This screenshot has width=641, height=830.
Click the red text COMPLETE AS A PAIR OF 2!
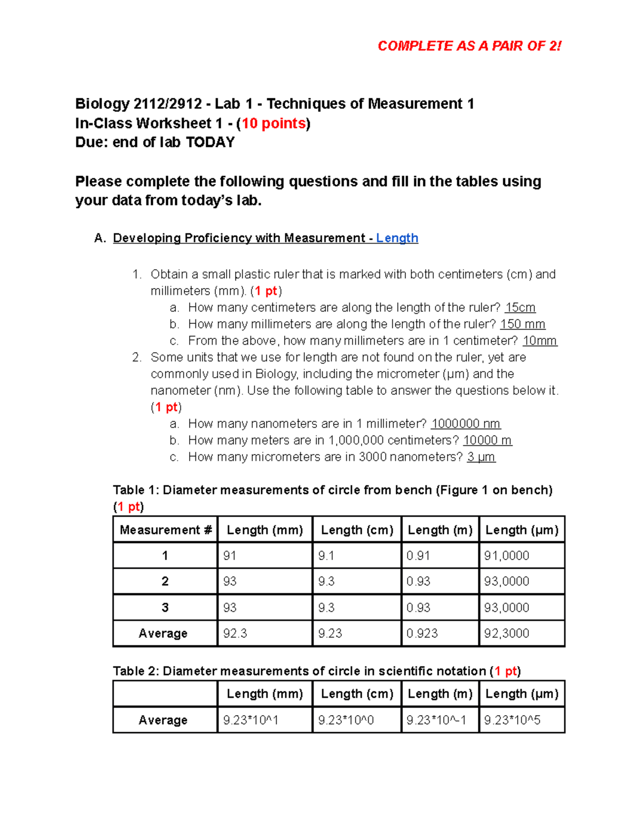pyautogui.click(x=469, y=46)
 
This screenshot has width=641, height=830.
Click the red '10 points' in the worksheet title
pyautogui.click(x=273, y=123)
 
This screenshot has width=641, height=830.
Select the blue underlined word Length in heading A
pyautogui.click(x=397, y=238)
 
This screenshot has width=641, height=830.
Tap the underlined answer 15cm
pyautogui.click(x=520, y=308)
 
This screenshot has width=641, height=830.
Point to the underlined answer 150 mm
pyautogui.click(x=522, y=324)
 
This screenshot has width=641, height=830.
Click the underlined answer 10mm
pyautogui.click(x=540, y=341)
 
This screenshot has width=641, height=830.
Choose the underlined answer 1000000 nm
pyautogui.click(x=465, y=424)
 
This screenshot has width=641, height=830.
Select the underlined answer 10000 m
pyautogui.click(x=487, y=440)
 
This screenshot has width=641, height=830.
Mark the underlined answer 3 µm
pyautogui.click(x=481, y=457)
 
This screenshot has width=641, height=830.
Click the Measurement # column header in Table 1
pyautogui.click(x=165, y=530)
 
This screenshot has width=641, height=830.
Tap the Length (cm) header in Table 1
pyautogui.click(x=357, y=530)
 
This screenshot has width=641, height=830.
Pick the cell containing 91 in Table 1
pyautogui.click(x=230, y=556)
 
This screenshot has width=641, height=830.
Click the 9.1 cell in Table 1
pyautogui.click(x=326, y=556)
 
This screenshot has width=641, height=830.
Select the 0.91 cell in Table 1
pyautogui.click(x=418, y=556)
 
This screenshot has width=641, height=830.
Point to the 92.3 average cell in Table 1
pyautogui.click(x=235, y=633)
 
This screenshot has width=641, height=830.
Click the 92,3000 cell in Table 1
pyautogui.click(x=506, y=633)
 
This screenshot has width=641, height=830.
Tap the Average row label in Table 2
pyautogui.click(x=163, y=720)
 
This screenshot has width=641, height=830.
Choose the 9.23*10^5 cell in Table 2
pyautogui.click(x=512, y=720)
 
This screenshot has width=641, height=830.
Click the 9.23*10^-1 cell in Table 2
pyautogui.click(x=436, y=720)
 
